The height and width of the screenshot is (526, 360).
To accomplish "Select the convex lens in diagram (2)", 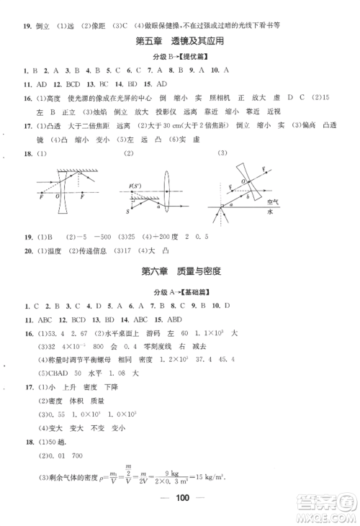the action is [x=167, y=189].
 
